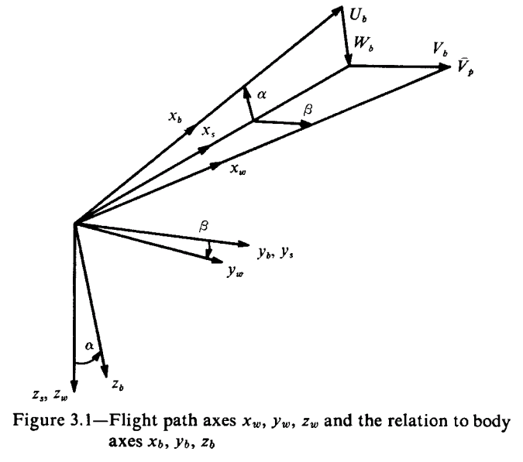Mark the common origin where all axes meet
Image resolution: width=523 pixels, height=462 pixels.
[x=74, y=224]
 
